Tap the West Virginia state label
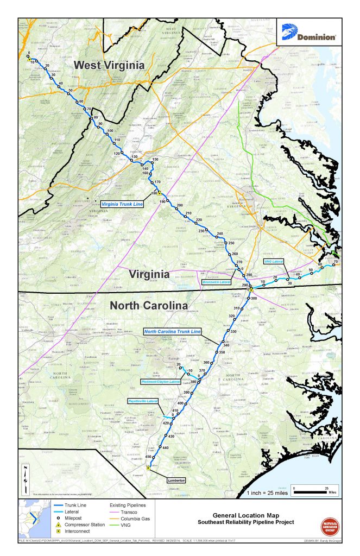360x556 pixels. [109, 65]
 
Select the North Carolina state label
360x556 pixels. [149, 305]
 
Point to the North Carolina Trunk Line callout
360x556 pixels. [172, 331]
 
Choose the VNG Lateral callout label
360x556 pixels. [275, 261]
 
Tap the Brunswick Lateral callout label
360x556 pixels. [217, 283]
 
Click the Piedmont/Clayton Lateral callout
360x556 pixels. [160, 382]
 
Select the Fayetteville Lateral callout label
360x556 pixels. [142, 401]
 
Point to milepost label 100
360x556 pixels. [110, 131]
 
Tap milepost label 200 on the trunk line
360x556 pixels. [180, 205]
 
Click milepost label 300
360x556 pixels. [253, 298]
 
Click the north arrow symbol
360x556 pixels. [25, 477]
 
